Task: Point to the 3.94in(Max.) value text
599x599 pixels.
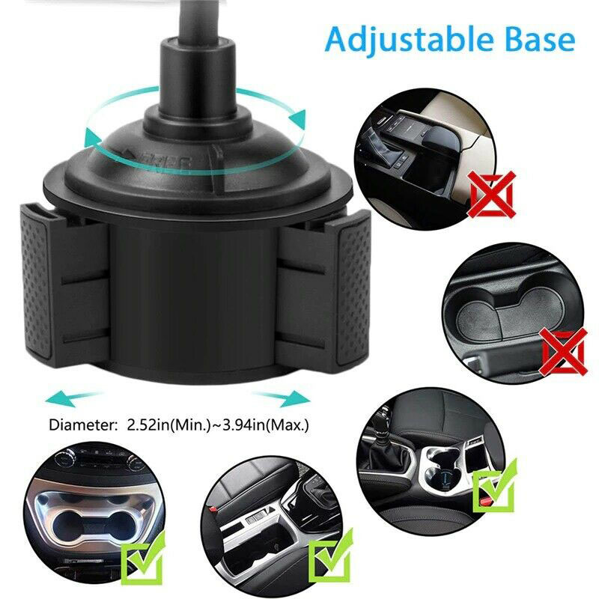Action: point(266,425)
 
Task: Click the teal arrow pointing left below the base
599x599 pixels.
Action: point(73,398)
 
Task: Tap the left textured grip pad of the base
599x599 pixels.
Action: point(37,283)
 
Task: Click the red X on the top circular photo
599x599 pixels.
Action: point(492,195)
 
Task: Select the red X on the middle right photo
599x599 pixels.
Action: point(563,352)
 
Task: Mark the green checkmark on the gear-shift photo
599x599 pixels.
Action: point(495,485)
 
